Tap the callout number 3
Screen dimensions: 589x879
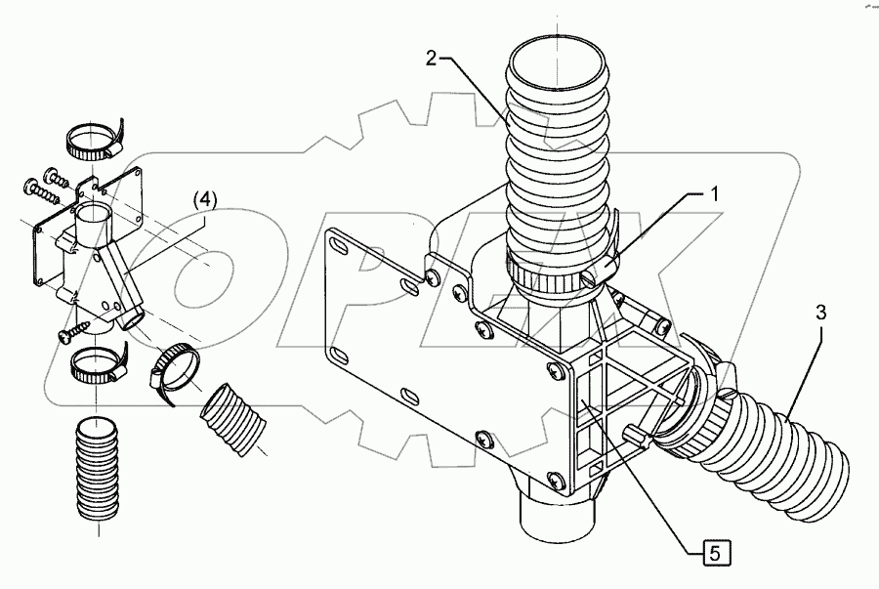820,314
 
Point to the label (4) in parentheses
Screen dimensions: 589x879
204,200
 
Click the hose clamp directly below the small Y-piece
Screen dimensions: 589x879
98,365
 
